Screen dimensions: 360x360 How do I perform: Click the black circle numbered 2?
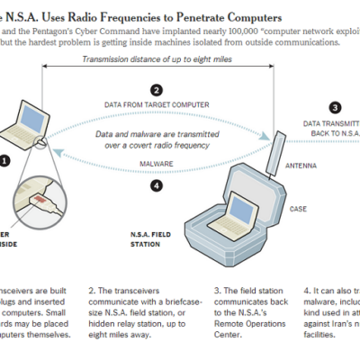point(157,90)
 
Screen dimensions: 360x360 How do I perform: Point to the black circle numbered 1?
point(4,162)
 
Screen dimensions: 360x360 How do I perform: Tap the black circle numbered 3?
point(335,106)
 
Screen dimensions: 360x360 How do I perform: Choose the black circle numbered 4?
point(157,186)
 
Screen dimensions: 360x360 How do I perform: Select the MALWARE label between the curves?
point(157,164)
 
